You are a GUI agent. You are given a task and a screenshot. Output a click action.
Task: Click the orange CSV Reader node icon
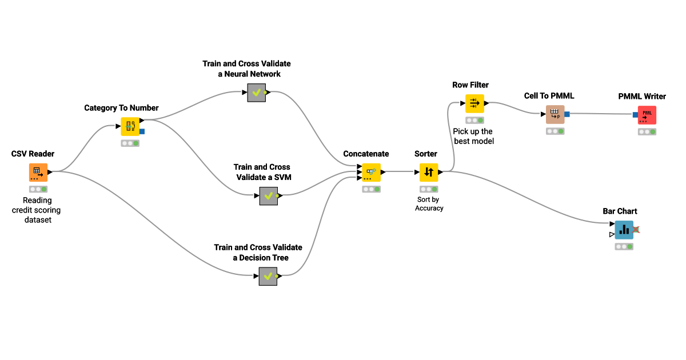coord(38,173)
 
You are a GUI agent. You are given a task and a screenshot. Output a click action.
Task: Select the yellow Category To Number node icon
coord(130,126)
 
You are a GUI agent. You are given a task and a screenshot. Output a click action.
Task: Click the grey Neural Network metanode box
coord(257,92)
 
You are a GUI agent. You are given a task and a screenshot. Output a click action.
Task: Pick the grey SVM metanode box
coord(269,195)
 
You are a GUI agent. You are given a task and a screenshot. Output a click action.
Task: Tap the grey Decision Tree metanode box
coord(268,276)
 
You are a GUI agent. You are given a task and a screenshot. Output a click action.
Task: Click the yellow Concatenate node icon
coord(371,172)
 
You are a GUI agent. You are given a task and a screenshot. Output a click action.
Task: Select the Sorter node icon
coord(429,172)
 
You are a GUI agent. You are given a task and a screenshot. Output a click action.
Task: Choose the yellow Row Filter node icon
coord(474,103)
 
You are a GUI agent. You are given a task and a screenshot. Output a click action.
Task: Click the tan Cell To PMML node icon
coord(555,114)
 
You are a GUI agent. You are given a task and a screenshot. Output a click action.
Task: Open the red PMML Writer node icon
coord(647,115)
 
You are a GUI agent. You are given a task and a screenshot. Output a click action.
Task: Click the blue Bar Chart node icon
coord(624,230)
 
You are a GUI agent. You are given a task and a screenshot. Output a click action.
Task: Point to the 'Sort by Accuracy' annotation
coord(429,204)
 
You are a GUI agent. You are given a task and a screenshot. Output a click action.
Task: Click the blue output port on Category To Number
coord(142,131)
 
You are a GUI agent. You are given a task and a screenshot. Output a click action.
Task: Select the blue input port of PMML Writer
coord(635,115)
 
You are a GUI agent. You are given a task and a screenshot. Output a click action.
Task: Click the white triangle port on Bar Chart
coord(612,234)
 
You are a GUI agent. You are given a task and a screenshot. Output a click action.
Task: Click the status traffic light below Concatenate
coord(371,189)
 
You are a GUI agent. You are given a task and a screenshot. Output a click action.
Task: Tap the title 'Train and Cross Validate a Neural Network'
coord(246,69)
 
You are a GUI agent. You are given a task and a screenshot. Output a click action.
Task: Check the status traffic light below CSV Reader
coord(38,189)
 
